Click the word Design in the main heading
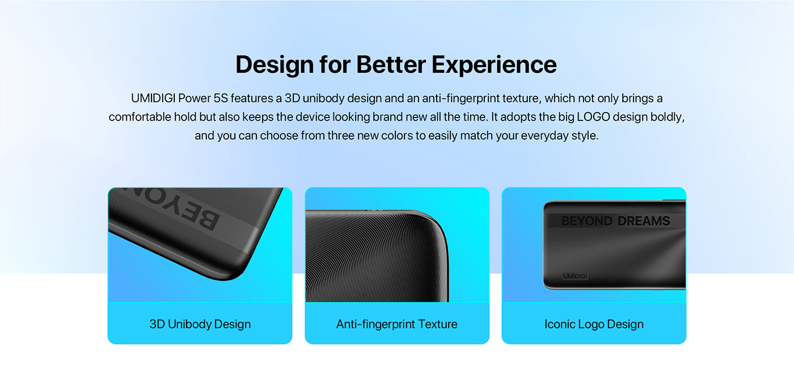coord(274,65)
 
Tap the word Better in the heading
coord(391,65)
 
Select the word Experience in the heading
coord(494,65)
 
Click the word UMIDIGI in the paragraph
coord(153,98)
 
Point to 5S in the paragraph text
coord(221,98)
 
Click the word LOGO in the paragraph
coord(593,117)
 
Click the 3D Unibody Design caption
coord(200,324)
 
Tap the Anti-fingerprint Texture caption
coord(396,324)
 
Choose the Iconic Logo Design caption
coord(594,324)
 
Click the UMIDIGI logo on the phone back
coord(575,276)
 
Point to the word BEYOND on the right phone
coord(587,221)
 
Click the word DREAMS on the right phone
coord(643,221)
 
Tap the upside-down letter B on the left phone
coord(207,220)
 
